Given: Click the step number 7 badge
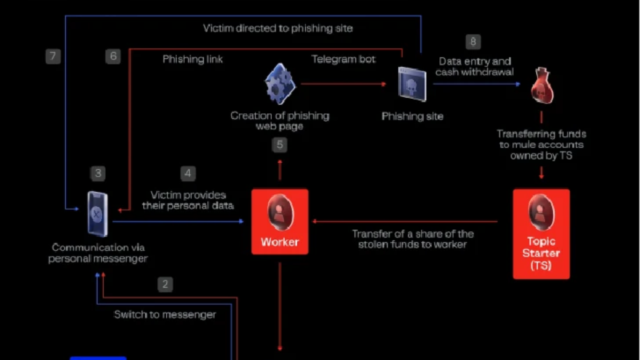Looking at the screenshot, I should click(53, 56).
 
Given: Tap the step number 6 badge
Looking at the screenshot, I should click(113, 56).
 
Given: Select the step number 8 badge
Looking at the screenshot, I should click(473, 41).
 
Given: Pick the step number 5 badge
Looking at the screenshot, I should click(279, 145).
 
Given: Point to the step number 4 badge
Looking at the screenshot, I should click(188, 173).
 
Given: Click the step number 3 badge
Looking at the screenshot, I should click(98, 173).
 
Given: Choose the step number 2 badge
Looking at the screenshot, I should click(165, 284).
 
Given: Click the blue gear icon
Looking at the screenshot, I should click(280, 84).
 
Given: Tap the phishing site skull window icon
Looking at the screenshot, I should click(412, 84).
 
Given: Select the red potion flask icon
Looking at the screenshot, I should click(542, 86).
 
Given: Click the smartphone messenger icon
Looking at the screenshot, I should click(98, 214).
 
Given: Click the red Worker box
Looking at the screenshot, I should click(280, 221).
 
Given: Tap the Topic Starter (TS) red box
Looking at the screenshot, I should click(541, 233).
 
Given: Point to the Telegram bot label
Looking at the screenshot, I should click(343, 59).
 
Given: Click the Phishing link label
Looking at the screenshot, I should click(192, 59).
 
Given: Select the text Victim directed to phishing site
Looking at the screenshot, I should click(278, 28).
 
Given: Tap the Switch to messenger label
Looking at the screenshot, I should click(165, 314).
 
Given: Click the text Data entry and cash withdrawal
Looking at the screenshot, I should click(474, 67).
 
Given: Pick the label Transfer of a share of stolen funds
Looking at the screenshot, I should click(413, 239).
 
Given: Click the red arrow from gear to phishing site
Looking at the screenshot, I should click(343, 84).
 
